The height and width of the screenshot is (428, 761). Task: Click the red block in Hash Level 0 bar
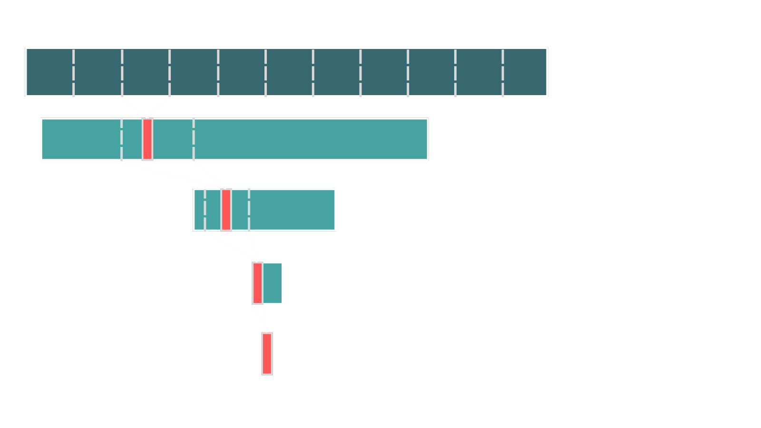click(x=147, y=139)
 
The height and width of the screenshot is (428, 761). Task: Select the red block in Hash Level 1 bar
click(x=226, y=210)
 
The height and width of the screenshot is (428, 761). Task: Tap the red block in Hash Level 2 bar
click(x=257, y=283)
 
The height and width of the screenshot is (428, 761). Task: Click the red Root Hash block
click(x=267, y=354)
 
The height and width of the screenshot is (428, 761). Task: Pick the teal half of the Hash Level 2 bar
click(x=273, y=283)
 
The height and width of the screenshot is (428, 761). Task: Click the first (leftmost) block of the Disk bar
click(x=50, y=72)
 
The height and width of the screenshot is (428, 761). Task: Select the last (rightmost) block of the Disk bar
click(x=525, y=72)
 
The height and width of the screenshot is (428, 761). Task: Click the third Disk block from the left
click(x=146, y=72)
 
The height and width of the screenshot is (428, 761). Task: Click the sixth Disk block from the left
click(x=289, y=72)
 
